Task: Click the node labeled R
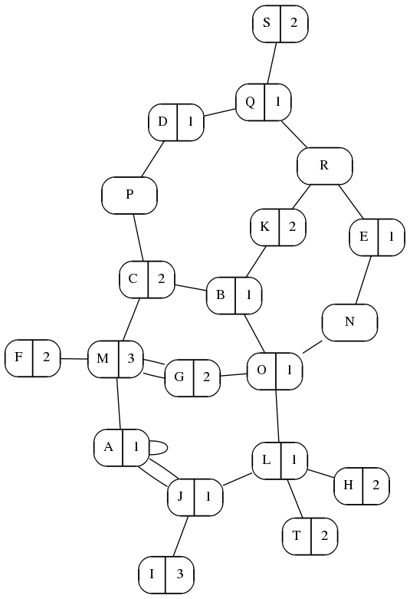click(x=324, y=166)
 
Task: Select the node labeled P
click(x=130, y=196)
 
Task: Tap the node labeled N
click(x=349, y=322)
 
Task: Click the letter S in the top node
click(x=267, y=23)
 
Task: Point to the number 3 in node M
click(x=131, y=358)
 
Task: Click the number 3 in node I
click(x=180, y=574)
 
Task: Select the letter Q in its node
click(x=250, y=102)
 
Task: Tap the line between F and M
click(x=74, y=359)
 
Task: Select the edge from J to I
click(x=181, y=535)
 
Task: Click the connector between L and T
click(x=294, y=499)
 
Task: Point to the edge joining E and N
click(x=363, y=280)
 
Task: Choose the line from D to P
click(x=153, y=159)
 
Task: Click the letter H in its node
click(x=348, y=485)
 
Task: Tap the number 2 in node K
click(x=293, y=227)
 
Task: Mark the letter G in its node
click(x=179, y=377)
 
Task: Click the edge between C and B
click(x=191, y=288)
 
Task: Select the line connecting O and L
click(x=278, y=416)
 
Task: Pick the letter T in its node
click(x=297, y=536)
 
